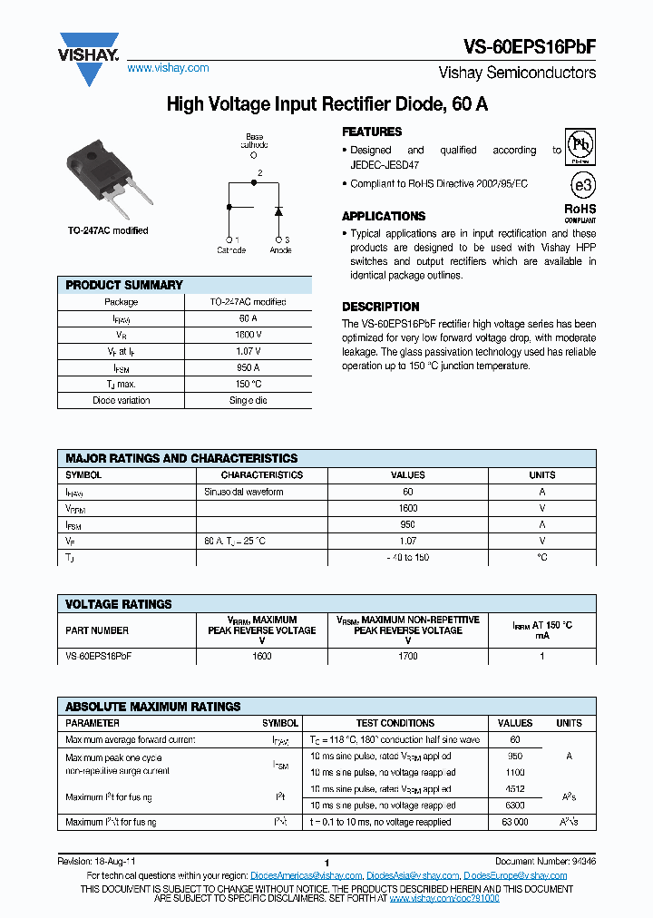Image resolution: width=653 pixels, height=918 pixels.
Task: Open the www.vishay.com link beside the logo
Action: tap(168, 68)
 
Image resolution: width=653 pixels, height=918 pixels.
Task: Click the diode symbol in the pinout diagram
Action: tap(278, 211)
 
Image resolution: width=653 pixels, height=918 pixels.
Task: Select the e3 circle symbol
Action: tap(580, 185)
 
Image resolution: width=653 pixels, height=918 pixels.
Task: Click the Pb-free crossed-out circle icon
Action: tap(580, 145)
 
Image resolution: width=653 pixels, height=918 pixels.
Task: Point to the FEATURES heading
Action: tap(372, 132)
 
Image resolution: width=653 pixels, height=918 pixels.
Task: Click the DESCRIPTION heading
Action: tap(380, 307)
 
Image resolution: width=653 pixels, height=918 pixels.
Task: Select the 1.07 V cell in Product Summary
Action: tap(248, 351)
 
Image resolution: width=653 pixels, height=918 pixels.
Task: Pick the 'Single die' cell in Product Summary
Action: tap(248, 400)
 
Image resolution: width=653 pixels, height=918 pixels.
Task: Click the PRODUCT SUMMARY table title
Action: tap(124, 285)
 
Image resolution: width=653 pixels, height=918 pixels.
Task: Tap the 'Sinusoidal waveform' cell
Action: tap(244, 492)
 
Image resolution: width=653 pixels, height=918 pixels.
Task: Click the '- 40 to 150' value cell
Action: tap(407, 557)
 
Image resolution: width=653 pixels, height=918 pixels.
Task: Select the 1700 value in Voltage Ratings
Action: tap(407, 656)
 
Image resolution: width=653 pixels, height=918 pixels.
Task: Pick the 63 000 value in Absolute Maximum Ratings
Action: tap(515, 822)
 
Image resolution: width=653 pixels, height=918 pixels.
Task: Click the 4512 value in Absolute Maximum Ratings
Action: tap(515, 789)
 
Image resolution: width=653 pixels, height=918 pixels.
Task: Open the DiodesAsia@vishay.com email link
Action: tap(413, 875)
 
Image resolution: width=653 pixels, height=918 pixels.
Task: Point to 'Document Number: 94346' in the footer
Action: tap(545, 860)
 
